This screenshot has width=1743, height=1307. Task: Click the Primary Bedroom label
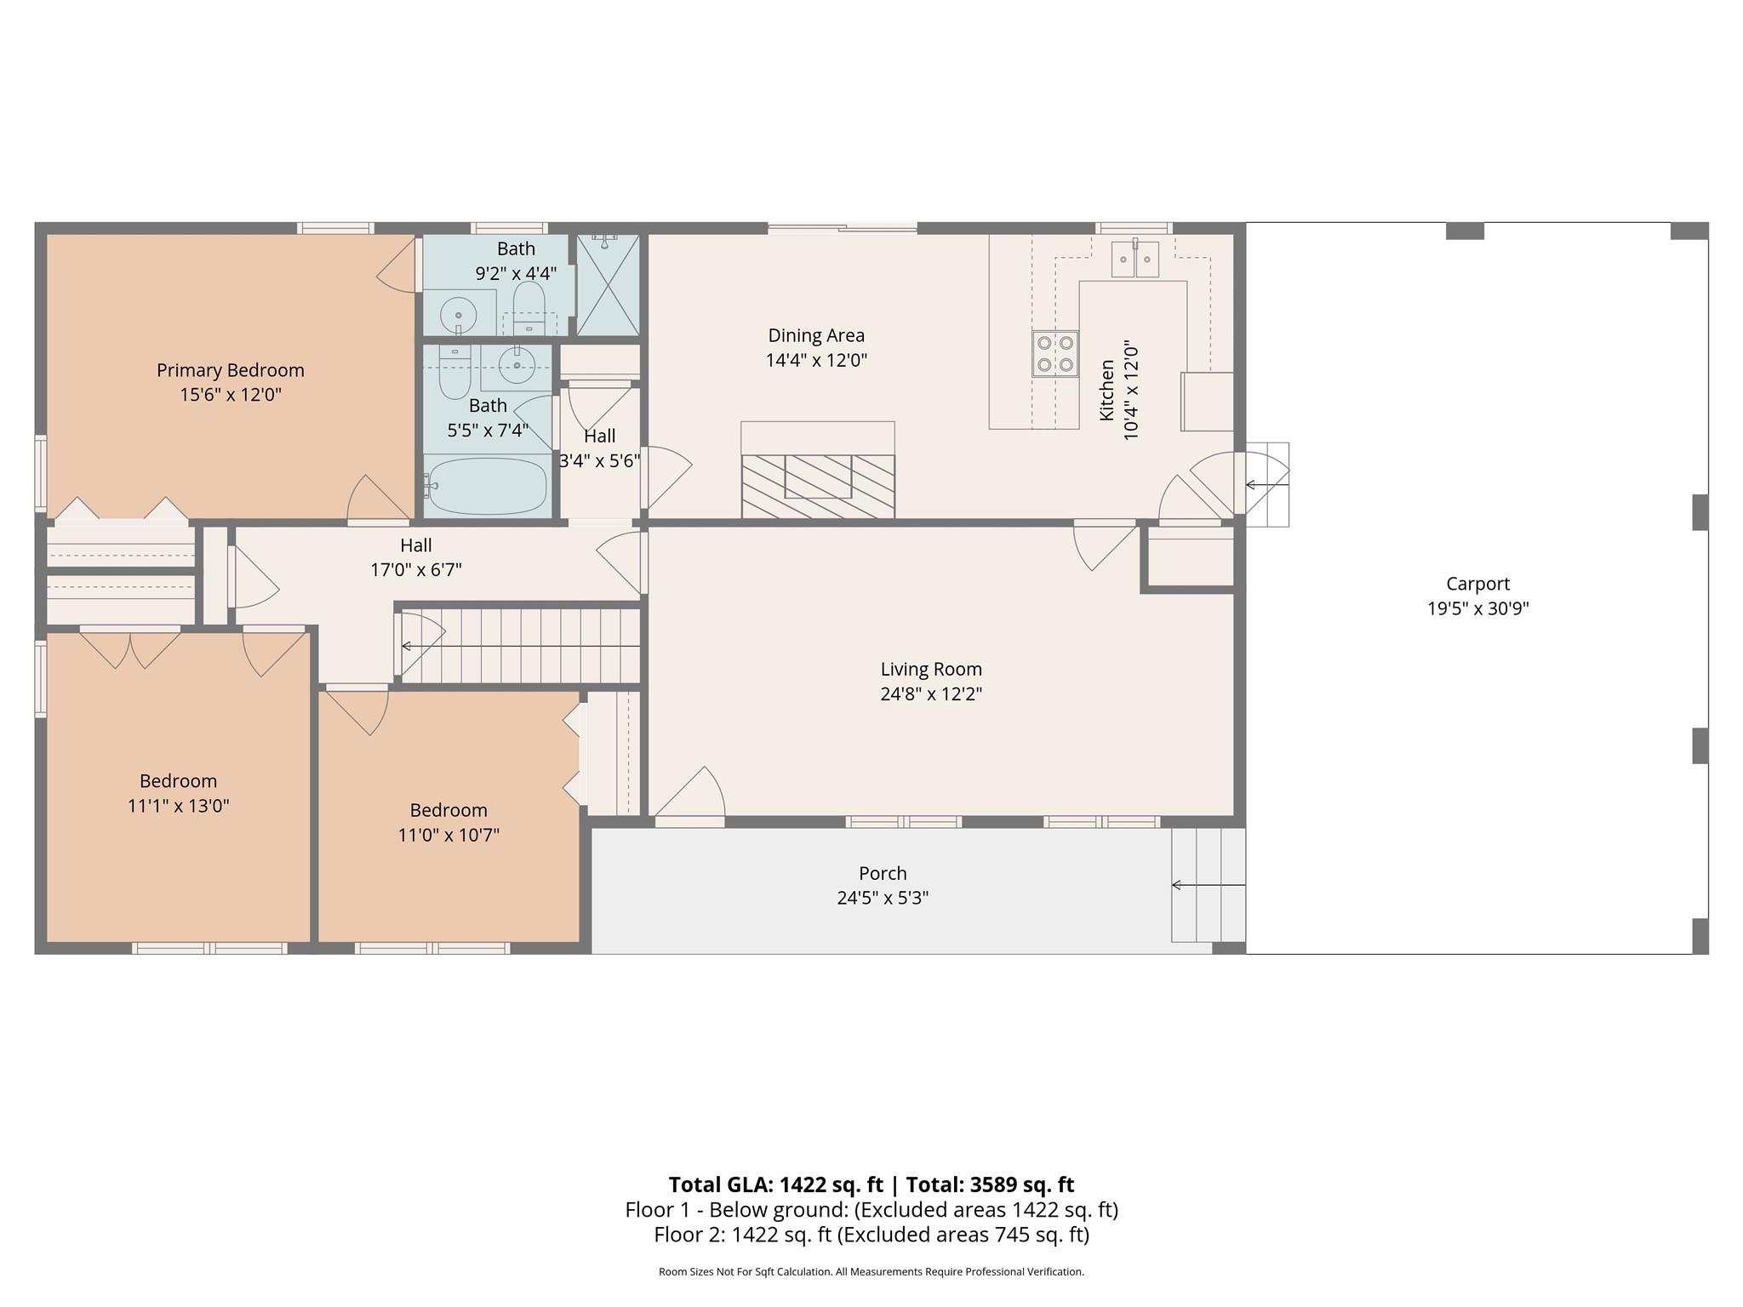pyautogui.click(x=230, y=370)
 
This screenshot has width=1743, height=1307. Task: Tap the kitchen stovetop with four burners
pyautogui.click(x=1055, y=353)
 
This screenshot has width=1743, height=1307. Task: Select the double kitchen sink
pyautogui.click(x=1135, y=259)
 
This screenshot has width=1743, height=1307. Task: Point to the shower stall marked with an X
pyautogui.click(x=608, y=284)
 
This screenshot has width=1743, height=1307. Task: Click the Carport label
pyautogui.click(x=1477, y=584)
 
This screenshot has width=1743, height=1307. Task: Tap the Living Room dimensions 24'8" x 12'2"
pyautogui.click(x=931, y=694)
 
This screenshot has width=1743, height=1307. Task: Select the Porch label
pyautogui.click(x=883, y=873)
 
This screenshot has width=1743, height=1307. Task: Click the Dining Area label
pyautogui.click(x=816, y=335)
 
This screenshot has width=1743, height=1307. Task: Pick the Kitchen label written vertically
pyautogui.click(x=1106, y=390)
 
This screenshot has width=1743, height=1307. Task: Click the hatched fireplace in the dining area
pyautogui.click(x=818, y=486)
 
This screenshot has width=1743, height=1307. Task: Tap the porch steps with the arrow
pyautogui.click(x=1209, y=885)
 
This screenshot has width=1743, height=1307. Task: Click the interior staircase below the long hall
pyautogui.click(x=520, y=646)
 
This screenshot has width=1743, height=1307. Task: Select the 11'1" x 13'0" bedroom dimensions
pyautogui.click(x=179, y=806)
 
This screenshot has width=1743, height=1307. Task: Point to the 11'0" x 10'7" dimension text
pyautogui.click(x=449, y=835)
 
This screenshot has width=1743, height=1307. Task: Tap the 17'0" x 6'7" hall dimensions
pyautogui.click(x=416, y=569)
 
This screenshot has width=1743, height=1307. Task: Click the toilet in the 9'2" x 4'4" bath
pyautogui.click(x=529, y=307)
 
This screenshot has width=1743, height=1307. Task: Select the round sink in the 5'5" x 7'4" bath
pyautogui.click(x=517, y=366)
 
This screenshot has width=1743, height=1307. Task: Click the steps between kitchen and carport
pyautogui.click(x=1267, y=485)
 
